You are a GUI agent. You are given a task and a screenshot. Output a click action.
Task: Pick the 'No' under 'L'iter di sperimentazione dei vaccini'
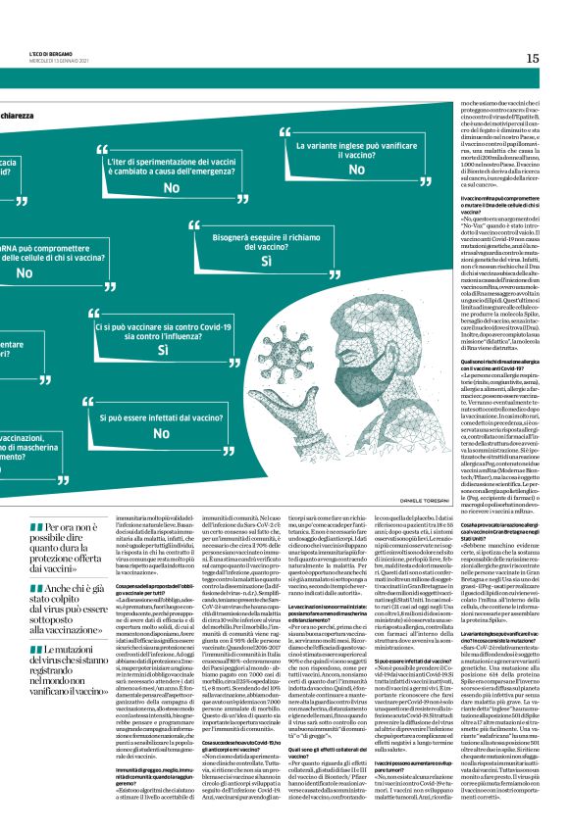tap(171, 187)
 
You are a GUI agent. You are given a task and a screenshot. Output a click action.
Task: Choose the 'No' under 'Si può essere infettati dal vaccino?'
tap(161, 432)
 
